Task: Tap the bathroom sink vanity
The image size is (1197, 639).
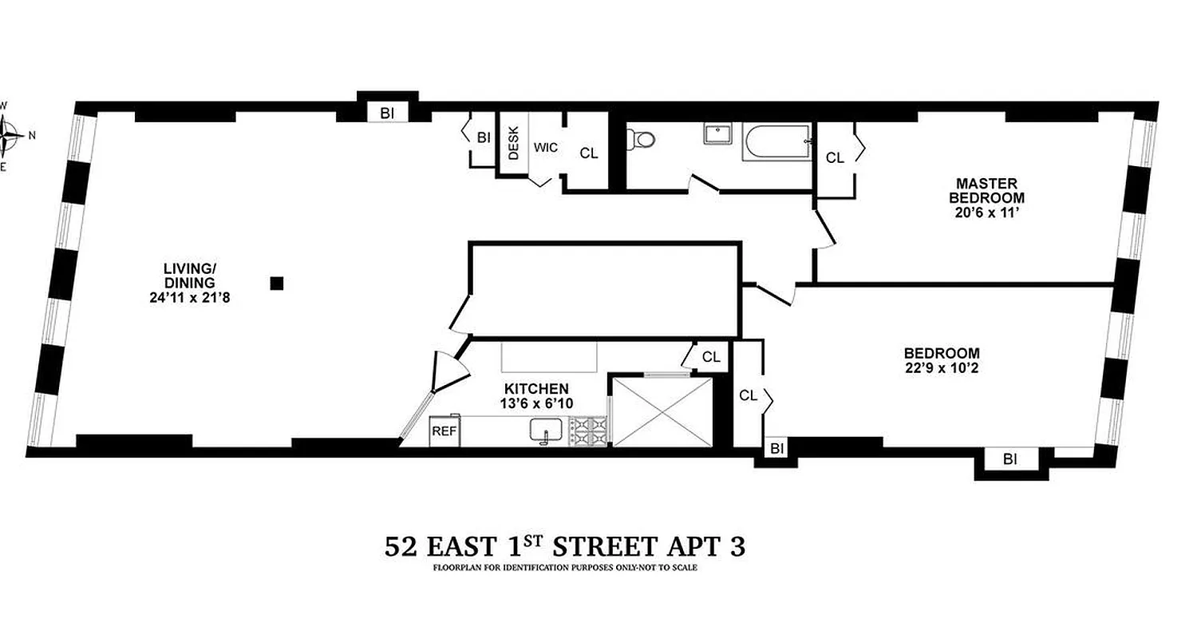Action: coord(717,133)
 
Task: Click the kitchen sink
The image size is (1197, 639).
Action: coord(547,431)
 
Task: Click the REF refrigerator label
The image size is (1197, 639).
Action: coord(443,431)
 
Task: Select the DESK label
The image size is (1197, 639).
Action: coord(513,143)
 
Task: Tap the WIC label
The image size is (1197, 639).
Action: coord(545,147)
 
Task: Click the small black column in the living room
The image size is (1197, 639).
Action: coord(277,283)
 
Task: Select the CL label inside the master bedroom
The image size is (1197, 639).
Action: coord(835,158)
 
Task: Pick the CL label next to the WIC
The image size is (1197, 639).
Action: coord(589,153)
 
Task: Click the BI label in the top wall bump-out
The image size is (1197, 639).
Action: coord(387,113)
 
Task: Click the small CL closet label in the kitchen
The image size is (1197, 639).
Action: coord(712,357)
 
